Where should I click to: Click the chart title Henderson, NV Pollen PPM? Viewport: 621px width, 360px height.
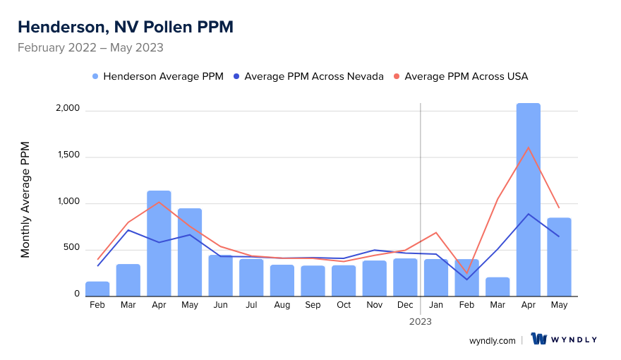point(125,27)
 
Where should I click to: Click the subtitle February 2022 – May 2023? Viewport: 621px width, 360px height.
point(90,48)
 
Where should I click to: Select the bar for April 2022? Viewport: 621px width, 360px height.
point(159,244)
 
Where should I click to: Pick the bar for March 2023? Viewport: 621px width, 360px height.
point(498,287)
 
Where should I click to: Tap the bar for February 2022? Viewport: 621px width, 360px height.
point(97,289)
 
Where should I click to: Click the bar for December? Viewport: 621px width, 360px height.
point(405,277)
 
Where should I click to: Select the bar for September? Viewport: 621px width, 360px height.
point(313,281)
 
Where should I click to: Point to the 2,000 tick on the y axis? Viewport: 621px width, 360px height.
point(68,110)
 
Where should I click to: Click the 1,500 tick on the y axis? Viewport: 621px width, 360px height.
point(68,157)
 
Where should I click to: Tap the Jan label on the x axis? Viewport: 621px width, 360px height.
point(436,305)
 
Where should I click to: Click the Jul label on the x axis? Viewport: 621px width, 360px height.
point(251,305)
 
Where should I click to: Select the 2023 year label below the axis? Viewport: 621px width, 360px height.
point(421,321)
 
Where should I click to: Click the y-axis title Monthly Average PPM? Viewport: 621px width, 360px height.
point(25,200)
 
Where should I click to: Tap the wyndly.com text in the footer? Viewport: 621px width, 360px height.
point(492,340)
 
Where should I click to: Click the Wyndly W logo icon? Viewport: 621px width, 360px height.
point(539,340)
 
